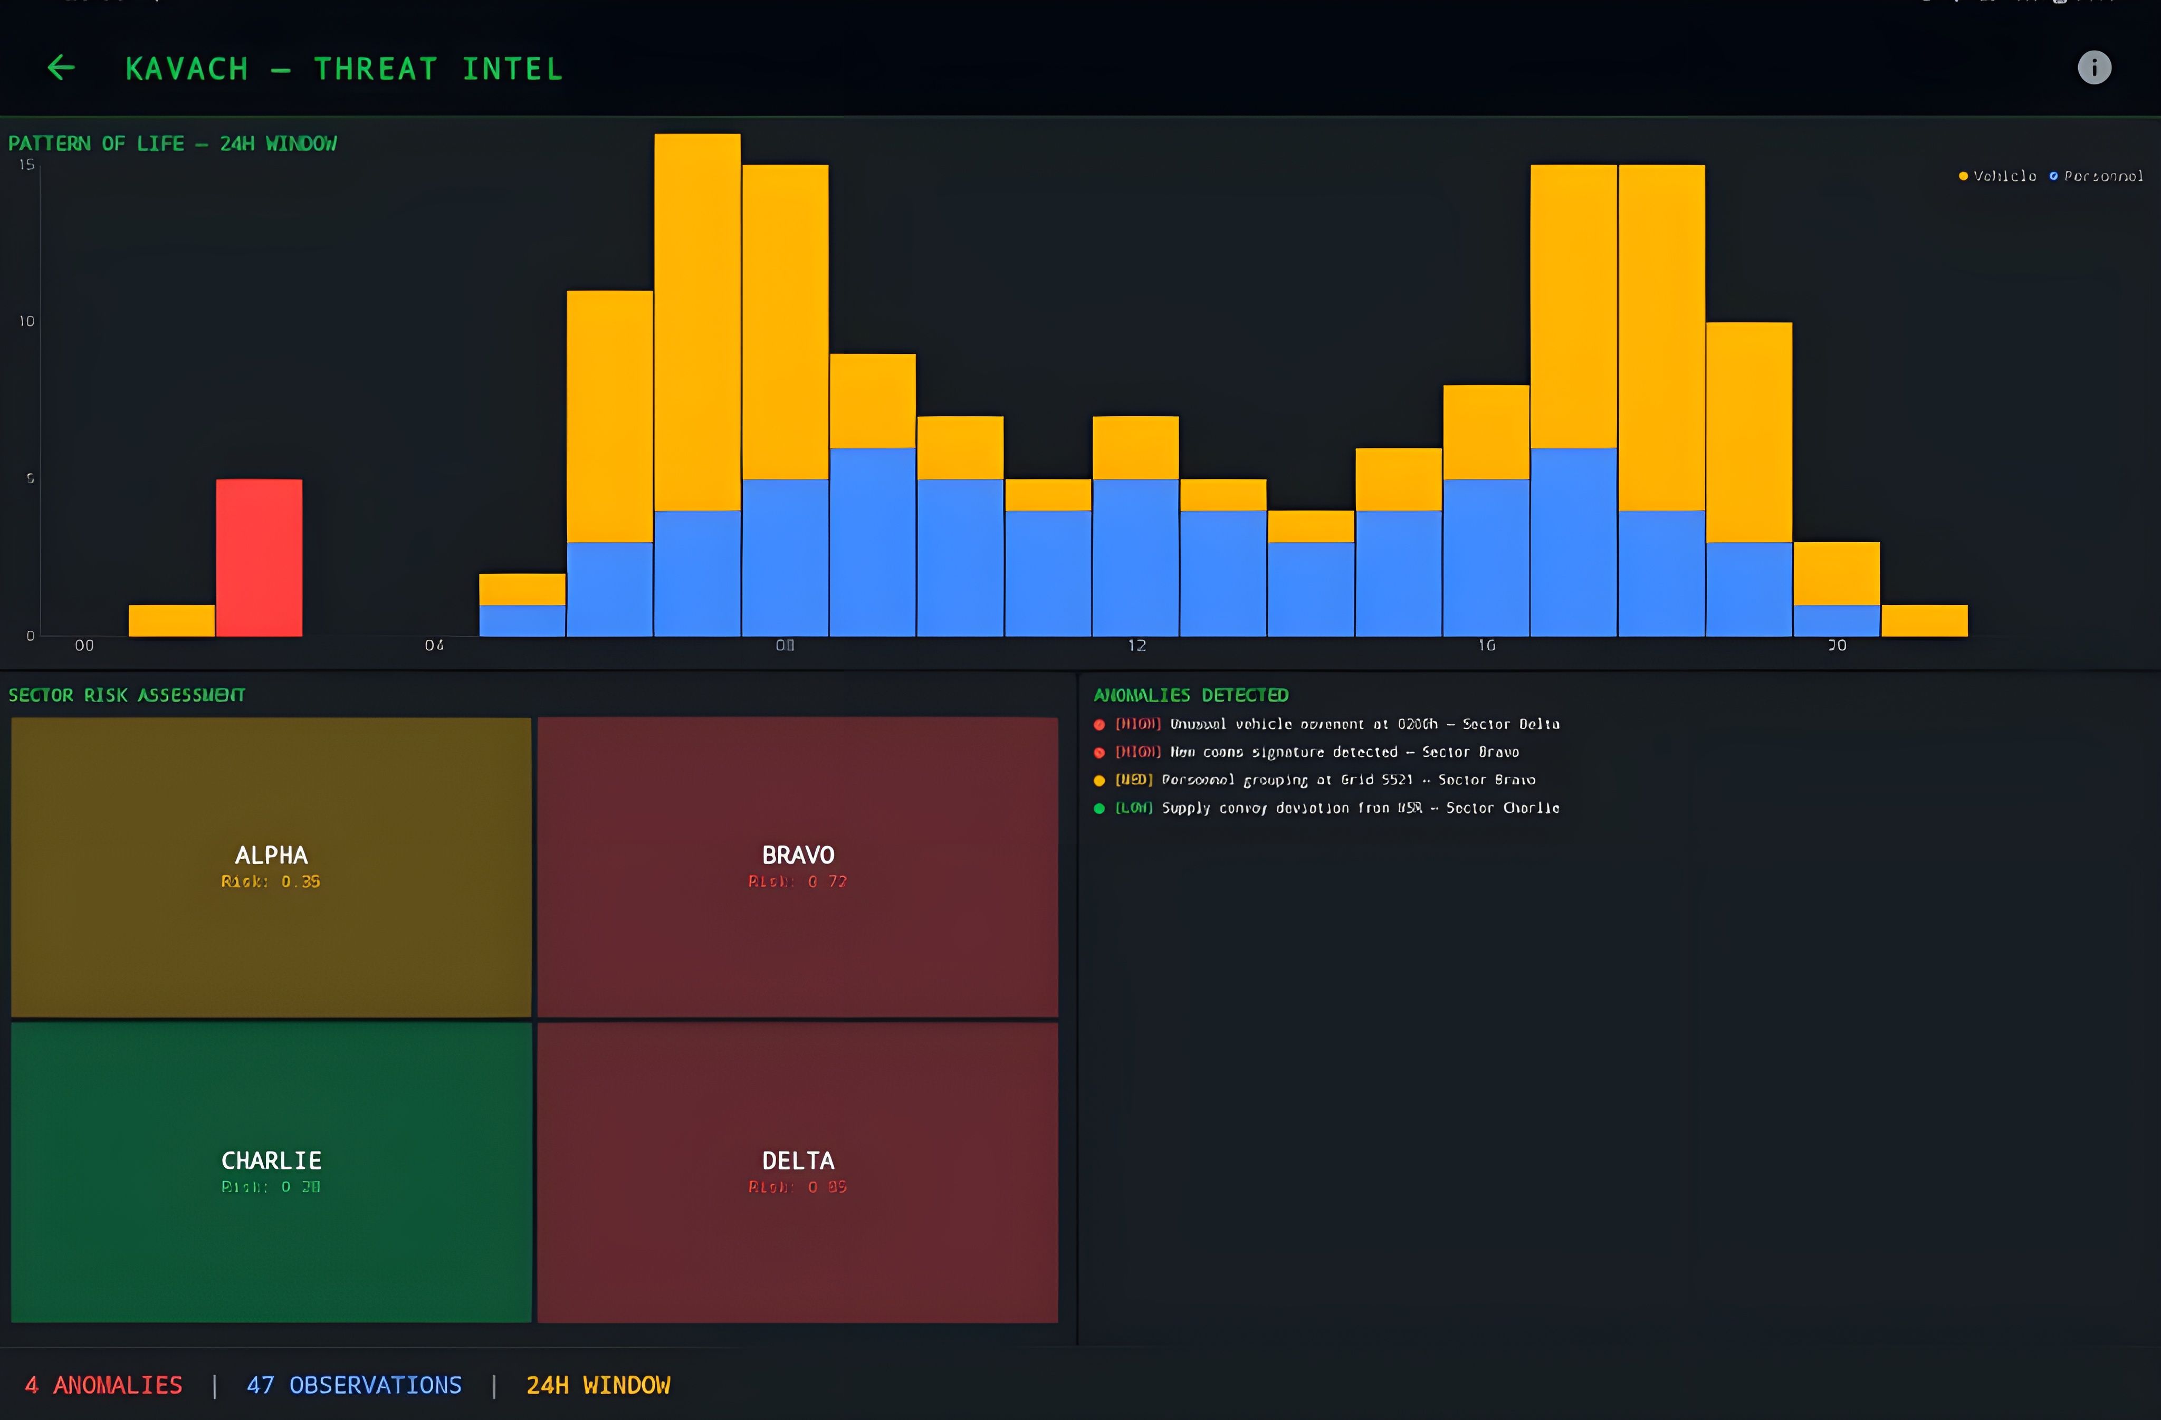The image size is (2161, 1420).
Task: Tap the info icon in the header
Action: [2094, 67]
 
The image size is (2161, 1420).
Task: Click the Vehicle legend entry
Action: [1997, 176]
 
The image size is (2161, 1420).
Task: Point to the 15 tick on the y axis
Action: [27, 165]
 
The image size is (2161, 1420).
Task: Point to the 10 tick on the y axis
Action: [27, 321]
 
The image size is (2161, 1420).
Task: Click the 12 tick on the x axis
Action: [1137, 646]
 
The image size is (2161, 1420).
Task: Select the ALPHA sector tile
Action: [271, 867]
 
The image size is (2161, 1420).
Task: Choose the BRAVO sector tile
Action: [797, 867]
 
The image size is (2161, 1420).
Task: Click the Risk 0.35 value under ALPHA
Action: [271, 881]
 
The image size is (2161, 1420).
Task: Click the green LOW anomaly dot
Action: [1098, 808]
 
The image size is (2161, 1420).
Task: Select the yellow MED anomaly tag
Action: [1133, 780]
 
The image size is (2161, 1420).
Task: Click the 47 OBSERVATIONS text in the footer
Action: [354, 1386]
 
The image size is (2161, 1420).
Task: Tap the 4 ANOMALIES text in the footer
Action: [103, 1386]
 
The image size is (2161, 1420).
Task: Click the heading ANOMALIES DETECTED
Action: [1190, 695]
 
